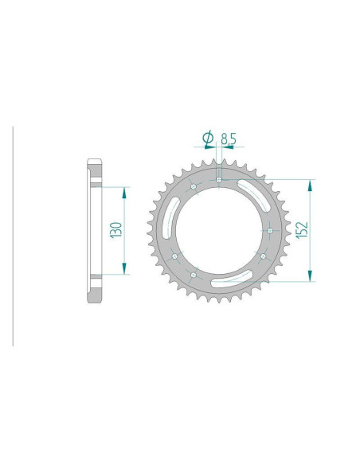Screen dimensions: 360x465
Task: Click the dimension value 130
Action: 116,230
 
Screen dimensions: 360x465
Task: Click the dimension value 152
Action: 302,229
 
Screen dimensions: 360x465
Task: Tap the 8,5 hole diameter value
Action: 229,139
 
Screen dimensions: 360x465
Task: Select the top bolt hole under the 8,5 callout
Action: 219,180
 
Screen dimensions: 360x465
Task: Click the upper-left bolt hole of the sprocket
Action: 194,187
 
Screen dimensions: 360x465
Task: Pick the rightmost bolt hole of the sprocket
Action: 270,230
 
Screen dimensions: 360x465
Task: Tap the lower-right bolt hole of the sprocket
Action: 263,256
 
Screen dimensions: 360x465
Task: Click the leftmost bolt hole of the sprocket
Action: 174,256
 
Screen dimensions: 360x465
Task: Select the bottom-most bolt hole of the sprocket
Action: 194,275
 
